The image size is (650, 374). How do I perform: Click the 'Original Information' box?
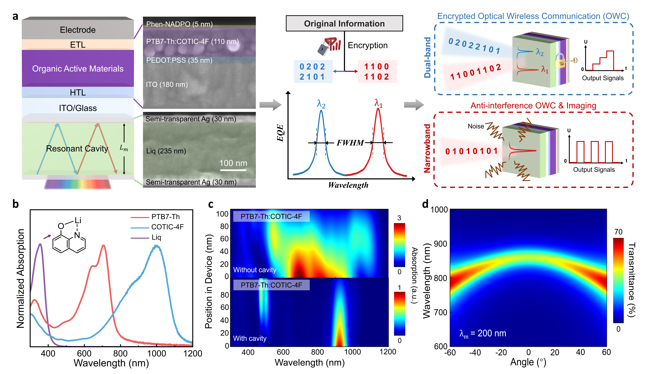tap(344, 23)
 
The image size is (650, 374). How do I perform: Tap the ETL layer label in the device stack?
tap(78, 45)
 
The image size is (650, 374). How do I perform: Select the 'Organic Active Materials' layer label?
tap(78, 69)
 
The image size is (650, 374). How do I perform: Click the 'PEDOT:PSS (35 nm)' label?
tap(179, 60)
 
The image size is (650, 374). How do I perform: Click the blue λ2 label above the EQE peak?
tap(321, 104)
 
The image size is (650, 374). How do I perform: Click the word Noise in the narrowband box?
tap(476, 126)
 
